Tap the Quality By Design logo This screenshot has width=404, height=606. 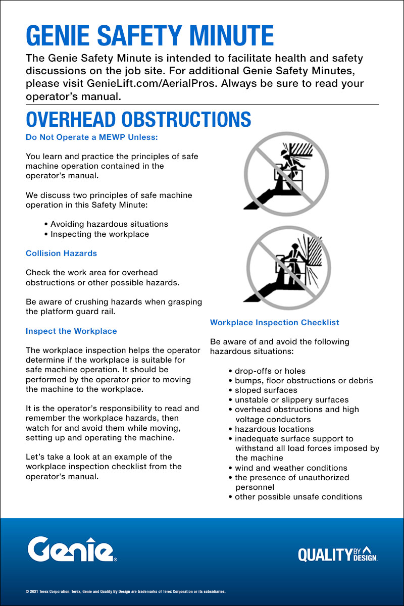pos(338,554)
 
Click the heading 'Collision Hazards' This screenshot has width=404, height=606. pos(61,253)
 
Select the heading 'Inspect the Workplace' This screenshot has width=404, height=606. pos(71,331)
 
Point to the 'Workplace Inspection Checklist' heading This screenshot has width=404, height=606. pos(274,322)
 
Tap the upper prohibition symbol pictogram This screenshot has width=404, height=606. pos(286,174)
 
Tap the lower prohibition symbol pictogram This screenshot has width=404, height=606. pos(287,268)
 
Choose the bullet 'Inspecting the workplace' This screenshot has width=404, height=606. pos(99,234)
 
